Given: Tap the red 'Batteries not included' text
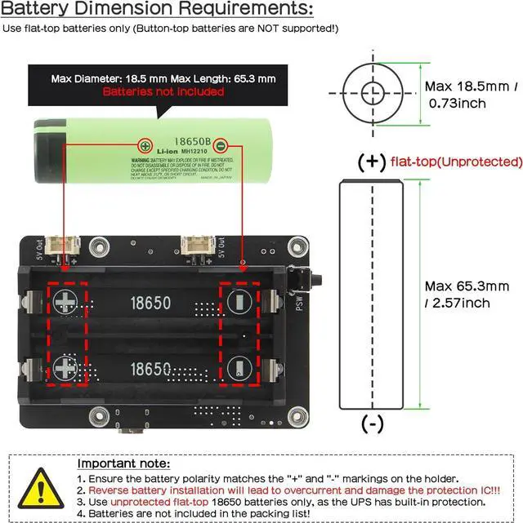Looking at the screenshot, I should point(163,91).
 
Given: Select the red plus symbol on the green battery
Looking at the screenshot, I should point(145,142).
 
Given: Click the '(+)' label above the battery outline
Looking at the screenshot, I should point(372,162).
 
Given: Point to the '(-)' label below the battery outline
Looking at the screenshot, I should point(372,423).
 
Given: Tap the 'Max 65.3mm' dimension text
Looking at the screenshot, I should point(467,286).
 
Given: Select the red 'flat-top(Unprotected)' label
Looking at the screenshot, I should point(456,162).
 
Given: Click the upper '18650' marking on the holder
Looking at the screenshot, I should point(151,302).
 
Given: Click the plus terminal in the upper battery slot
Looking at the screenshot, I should point(65,301).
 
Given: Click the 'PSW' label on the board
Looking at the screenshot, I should point(299,304).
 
